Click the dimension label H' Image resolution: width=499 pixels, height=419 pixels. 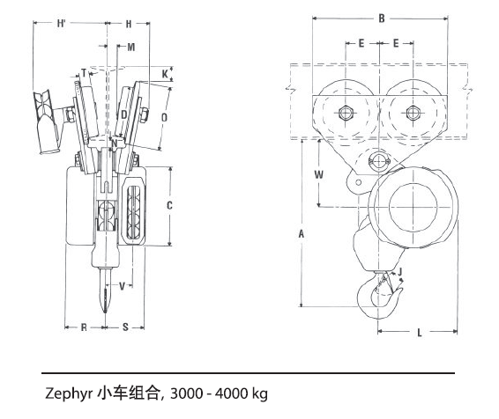(x=62, y=24)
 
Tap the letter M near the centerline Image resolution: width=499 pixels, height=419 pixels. (x=130, y=46)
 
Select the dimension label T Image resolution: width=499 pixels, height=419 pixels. (x=84, y=72)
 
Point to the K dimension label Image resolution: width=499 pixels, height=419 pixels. (x=165, y=73)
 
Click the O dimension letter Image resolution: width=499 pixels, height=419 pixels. (x=165, y=115)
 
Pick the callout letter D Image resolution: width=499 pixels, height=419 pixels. (x=123, y=114)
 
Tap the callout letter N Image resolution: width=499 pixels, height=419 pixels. (x=114, y=143)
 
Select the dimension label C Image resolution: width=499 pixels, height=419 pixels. (x=169, y=205)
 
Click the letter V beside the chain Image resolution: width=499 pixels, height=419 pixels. (x=122, y=284)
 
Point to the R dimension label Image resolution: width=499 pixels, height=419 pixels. (x=84, y=327)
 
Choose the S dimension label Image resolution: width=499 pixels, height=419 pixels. (x=125, y=327)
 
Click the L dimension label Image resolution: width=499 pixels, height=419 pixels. (x=419, y=333)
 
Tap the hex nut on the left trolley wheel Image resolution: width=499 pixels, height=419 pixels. (x=346, y=113)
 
